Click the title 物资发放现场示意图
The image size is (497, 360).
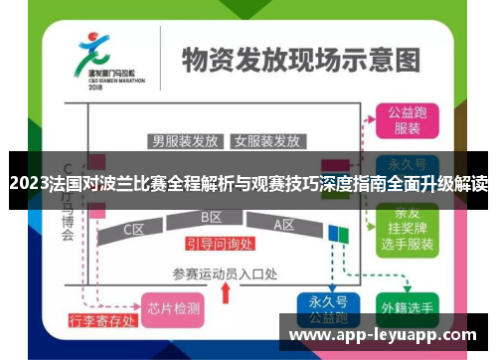(x=294, y=59)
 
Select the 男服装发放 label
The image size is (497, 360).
(x=185, y=140)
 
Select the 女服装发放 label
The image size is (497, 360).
(x=266, y=140)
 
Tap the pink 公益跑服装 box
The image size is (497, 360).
(x=405, y=120)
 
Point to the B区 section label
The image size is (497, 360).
(x=211, y=218)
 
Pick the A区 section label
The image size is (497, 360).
(x=284, y=226)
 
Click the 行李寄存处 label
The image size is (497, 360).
(x=100, y=321)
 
